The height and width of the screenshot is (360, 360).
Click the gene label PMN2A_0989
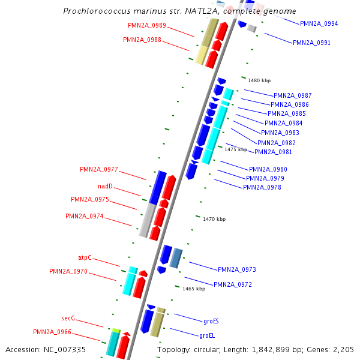147,25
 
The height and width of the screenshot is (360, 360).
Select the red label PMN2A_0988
142,40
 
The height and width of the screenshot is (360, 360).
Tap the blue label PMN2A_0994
319,23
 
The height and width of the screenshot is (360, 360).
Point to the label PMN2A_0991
311,43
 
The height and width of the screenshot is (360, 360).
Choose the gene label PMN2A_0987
293,95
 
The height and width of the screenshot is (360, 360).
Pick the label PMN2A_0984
284,123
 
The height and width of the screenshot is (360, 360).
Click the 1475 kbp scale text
236,149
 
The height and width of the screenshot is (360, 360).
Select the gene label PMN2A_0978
262,187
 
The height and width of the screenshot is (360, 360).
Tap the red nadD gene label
105,186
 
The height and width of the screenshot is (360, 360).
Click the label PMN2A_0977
99,169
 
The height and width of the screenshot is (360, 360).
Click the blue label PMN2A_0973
237,269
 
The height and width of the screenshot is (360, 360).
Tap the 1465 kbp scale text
194,289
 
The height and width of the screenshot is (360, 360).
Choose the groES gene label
211,321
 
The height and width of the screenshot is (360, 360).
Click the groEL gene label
207,335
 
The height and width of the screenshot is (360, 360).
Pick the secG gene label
68,318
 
